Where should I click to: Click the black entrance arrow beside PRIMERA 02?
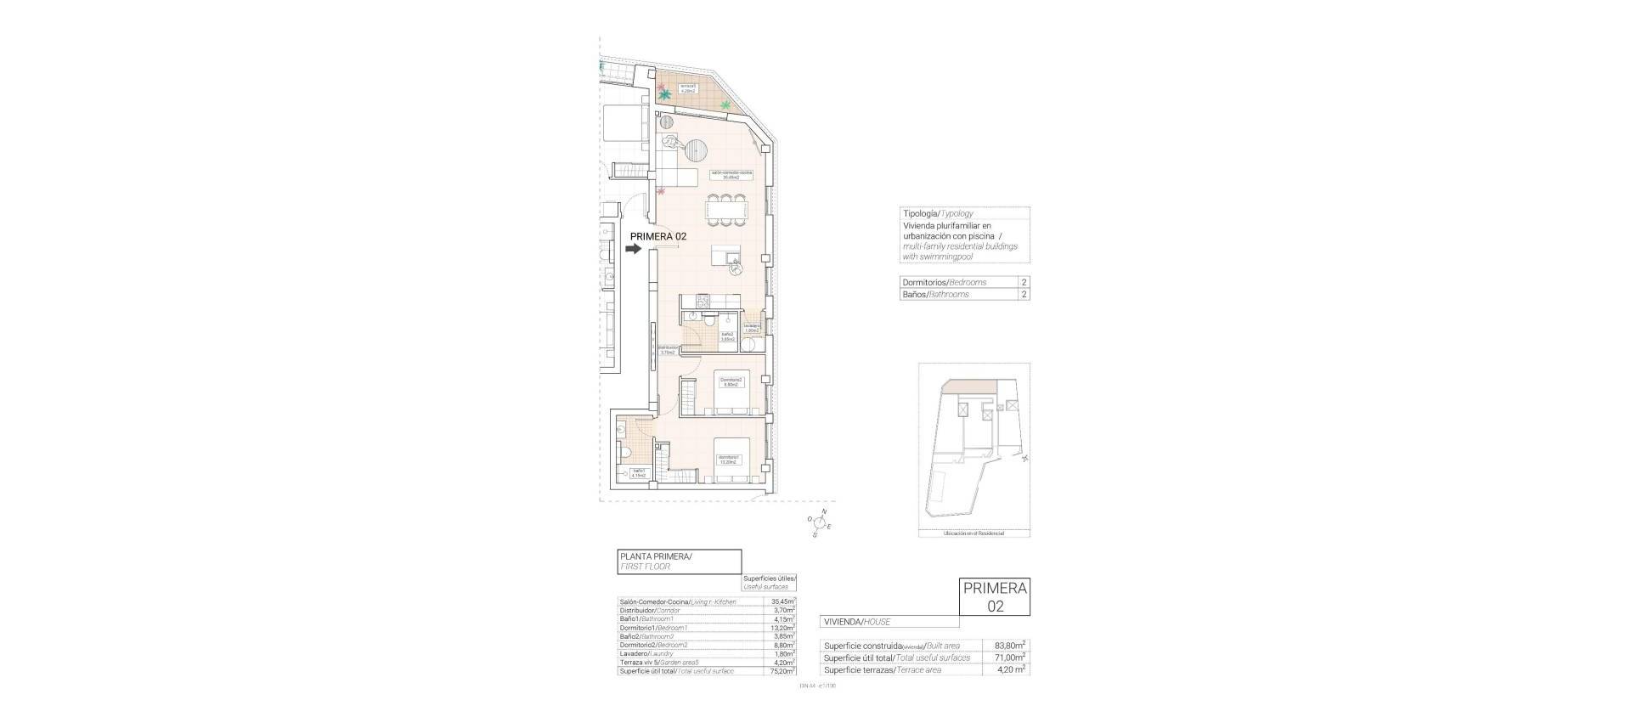[x=633, y=249]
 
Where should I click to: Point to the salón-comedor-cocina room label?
[x=731, y=175]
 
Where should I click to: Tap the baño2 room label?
[x=727, y=336]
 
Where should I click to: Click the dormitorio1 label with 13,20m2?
[x=726, y=460]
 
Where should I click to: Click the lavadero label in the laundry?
[x=751, y=328]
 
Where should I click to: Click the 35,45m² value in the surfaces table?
[x=782, y=601]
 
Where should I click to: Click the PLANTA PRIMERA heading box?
[x=680, y=561]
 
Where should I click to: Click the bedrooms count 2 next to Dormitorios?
[x=1024, y=282]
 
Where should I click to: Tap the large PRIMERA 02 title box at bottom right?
[x=994, y=608]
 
